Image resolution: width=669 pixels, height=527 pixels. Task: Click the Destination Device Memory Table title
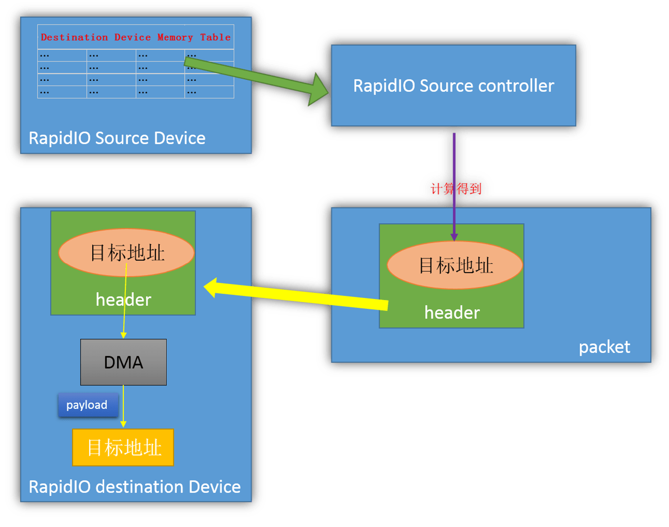click(136, 37)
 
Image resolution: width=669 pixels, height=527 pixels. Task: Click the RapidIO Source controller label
click(454, 86)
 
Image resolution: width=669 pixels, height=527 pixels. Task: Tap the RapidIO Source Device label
click(117, 138)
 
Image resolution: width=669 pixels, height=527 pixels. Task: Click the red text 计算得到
click(456, 189)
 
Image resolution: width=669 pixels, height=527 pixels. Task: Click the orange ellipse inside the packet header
click(455, 265)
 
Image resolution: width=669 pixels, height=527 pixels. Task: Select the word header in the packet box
click(452, 312)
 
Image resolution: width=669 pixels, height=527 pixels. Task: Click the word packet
click(604, 347)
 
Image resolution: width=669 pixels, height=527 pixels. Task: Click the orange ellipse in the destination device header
click(127, 253)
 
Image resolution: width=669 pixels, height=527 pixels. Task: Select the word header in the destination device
click(123, 300)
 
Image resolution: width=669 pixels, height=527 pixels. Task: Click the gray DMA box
click(123, 362)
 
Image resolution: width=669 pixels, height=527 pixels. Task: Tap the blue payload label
click(87, 405)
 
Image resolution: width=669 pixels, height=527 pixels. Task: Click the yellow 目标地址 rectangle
click(123, 447)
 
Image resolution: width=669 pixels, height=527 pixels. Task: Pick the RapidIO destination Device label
click(135, 487)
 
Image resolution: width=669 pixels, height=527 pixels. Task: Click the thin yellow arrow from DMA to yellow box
click(123, 407)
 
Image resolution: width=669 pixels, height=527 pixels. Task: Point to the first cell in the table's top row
click(62, 55)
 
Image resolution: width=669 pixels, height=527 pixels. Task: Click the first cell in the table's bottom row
click(62, 92)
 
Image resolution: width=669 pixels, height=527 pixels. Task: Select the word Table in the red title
click(215, 37)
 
